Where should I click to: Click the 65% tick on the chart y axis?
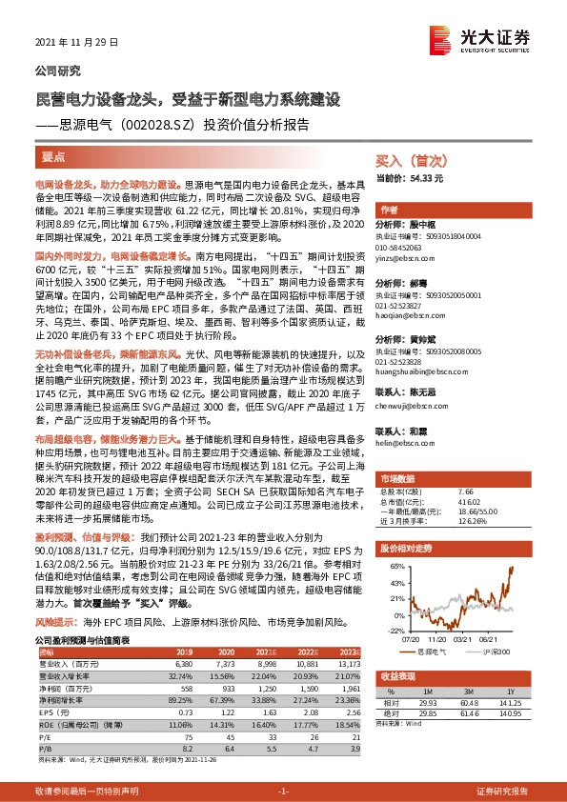point(391,565)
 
